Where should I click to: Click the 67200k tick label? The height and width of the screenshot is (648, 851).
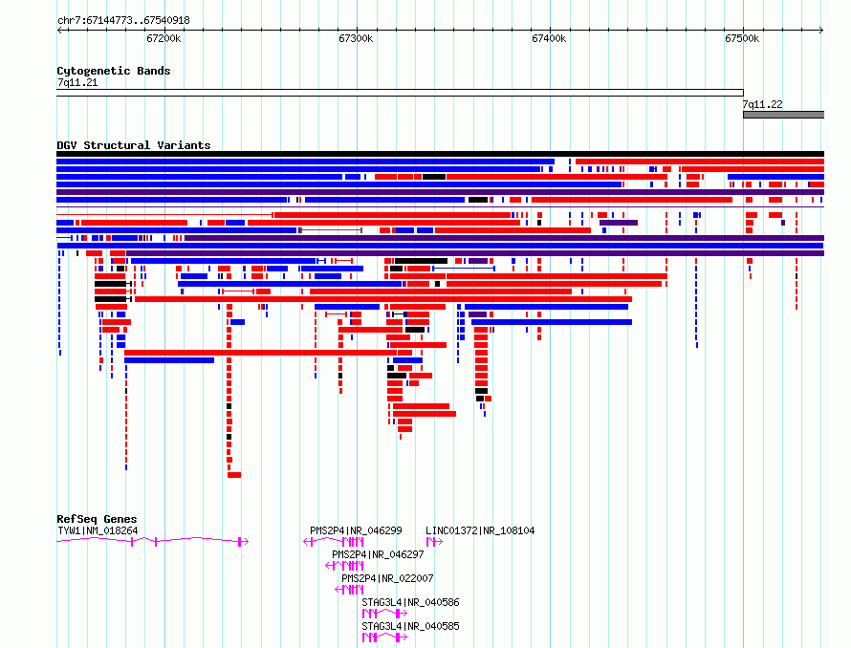pos(164,38)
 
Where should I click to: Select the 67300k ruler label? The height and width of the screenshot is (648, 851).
pos(356,38)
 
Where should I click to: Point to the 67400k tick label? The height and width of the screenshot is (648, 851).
pos(549,38)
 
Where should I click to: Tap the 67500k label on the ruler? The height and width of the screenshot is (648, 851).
pos(742,38)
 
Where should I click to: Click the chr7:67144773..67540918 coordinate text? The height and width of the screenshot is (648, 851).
pos(123,21)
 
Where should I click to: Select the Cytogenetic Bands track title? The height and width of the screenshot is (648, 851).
pos(114,71)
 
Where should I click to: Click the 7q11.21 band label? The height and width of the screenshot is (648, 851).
pos(77,82)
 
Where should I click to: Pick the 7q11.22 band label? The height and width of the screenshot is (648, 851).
pos(762,104)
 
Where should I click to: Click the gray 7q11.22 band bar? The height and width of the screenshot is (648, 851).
pos(783,115)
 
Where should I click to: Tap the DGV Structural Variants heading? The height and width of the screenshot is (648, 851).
pos(134,145)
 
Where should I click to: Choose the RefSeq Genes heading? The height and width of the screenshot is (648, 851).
pos(97,519)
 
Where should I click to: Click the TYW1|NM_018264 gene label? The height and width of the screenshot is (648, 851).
pos(98,530)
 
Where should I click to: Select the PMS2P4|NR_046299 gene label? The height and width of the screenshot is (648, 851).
pos(356,530)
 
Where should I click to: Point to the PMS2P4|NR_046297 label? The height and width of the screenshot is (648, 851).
pos(378,554)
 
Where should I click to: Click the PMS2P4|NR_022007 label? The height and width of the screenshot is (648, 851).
pos(387,578)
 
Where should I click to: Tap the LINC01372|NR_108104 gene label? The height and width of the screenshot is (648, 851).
pos(480,530)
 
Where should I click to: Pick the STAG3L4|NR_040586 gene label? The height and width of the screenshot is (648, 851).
pos(410,602)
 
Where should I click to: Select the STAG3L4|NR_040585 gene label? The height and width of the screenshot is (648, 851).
pos(410,626)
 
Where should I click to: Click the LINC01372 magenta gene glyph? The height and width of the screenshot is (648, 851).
pos(434,542)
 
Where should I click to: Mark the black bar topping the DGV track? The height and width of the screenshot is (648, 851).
pos(440,154)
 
